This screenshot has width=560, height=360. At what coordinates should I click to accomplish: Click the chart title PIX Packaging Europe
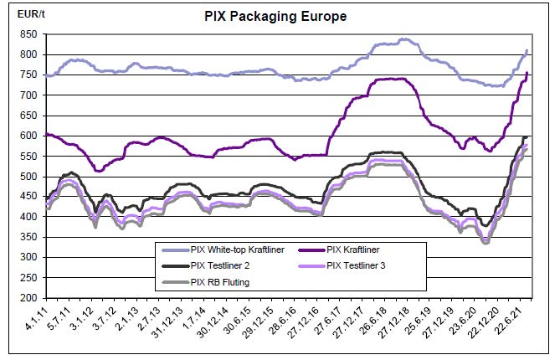point(275,16)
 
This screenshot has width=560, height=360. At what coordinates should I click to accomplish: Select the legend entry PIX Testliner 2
point(222,266)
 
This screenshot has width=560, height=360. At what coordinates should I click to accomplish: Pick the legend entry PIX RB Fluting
point(220,281)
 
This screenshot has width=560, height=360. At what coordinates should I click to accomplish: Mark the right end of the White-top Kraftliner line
point(527,51)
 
